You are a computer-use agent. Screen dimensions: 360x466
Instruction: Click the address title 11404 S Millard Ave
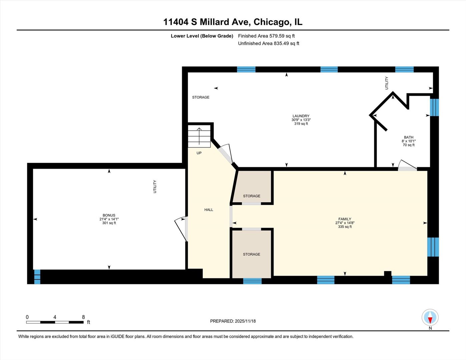pyautogui.click(x=232, y=22)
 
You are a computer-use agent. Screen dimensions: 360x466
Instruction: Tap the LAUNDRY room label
pyautogui.click(x=301, y=116)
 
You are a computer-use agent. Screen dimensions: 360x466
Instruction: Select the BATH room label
pyautogui.click(x=409, y=137)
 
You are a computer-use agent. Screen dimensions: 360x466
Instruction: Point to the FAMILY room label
pyautogui.click(x=345, y=219)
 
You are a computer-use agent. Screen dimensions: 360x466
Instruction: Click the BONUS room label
pyautogui.click(x=109, y=215)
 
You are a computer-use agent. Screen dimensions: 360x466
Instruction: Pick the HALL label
pyautogui.click(x=209, y=210)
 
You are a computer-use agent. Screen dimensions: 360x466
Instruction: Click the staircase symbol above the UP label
pyautogui.click(x=199, y=136)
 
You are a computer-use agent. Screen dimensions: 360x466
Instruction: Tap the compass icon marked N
pyautogui.click(x=430, y=317)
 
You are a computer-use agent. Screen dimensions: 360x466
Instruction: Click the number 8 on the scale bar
pyautogui.click(x=83, y=317)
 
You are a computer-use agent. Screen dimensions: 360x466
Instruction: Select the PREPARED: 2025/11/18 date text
pyautogui.click(x=233, y=321)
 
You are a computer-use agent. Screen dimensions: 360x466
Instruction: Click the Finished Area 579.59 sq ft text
pyautogui.click(x=266, y=36)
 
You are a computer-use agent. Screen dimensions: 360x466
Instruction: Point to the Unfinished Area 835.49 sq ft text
pyautogui.click(x=269, y=43)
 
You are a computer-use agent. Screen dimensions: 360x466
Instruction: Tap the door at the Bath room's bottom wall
pyautogui.click(x=407, y=166)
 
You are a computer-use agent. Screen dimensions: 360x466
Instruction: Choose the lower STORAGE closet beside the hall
pyautogui.click(x=252, y=254)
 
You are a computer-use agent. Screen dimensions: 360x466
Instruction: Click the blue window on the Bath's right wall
pyautogui.click(x=434, y=107)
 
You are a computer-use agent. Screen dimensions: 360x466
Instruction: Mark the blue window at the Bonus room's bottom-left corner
pyautogui.click(x=37, y=277)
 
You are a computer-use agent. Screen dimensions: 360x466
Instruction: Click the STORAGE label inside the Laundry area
pyautogui.click(x=201, y=97)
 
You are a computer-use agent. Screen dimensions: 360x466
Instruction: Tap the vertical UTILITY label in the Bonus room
pyautogui.click(x=155, y=187)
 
